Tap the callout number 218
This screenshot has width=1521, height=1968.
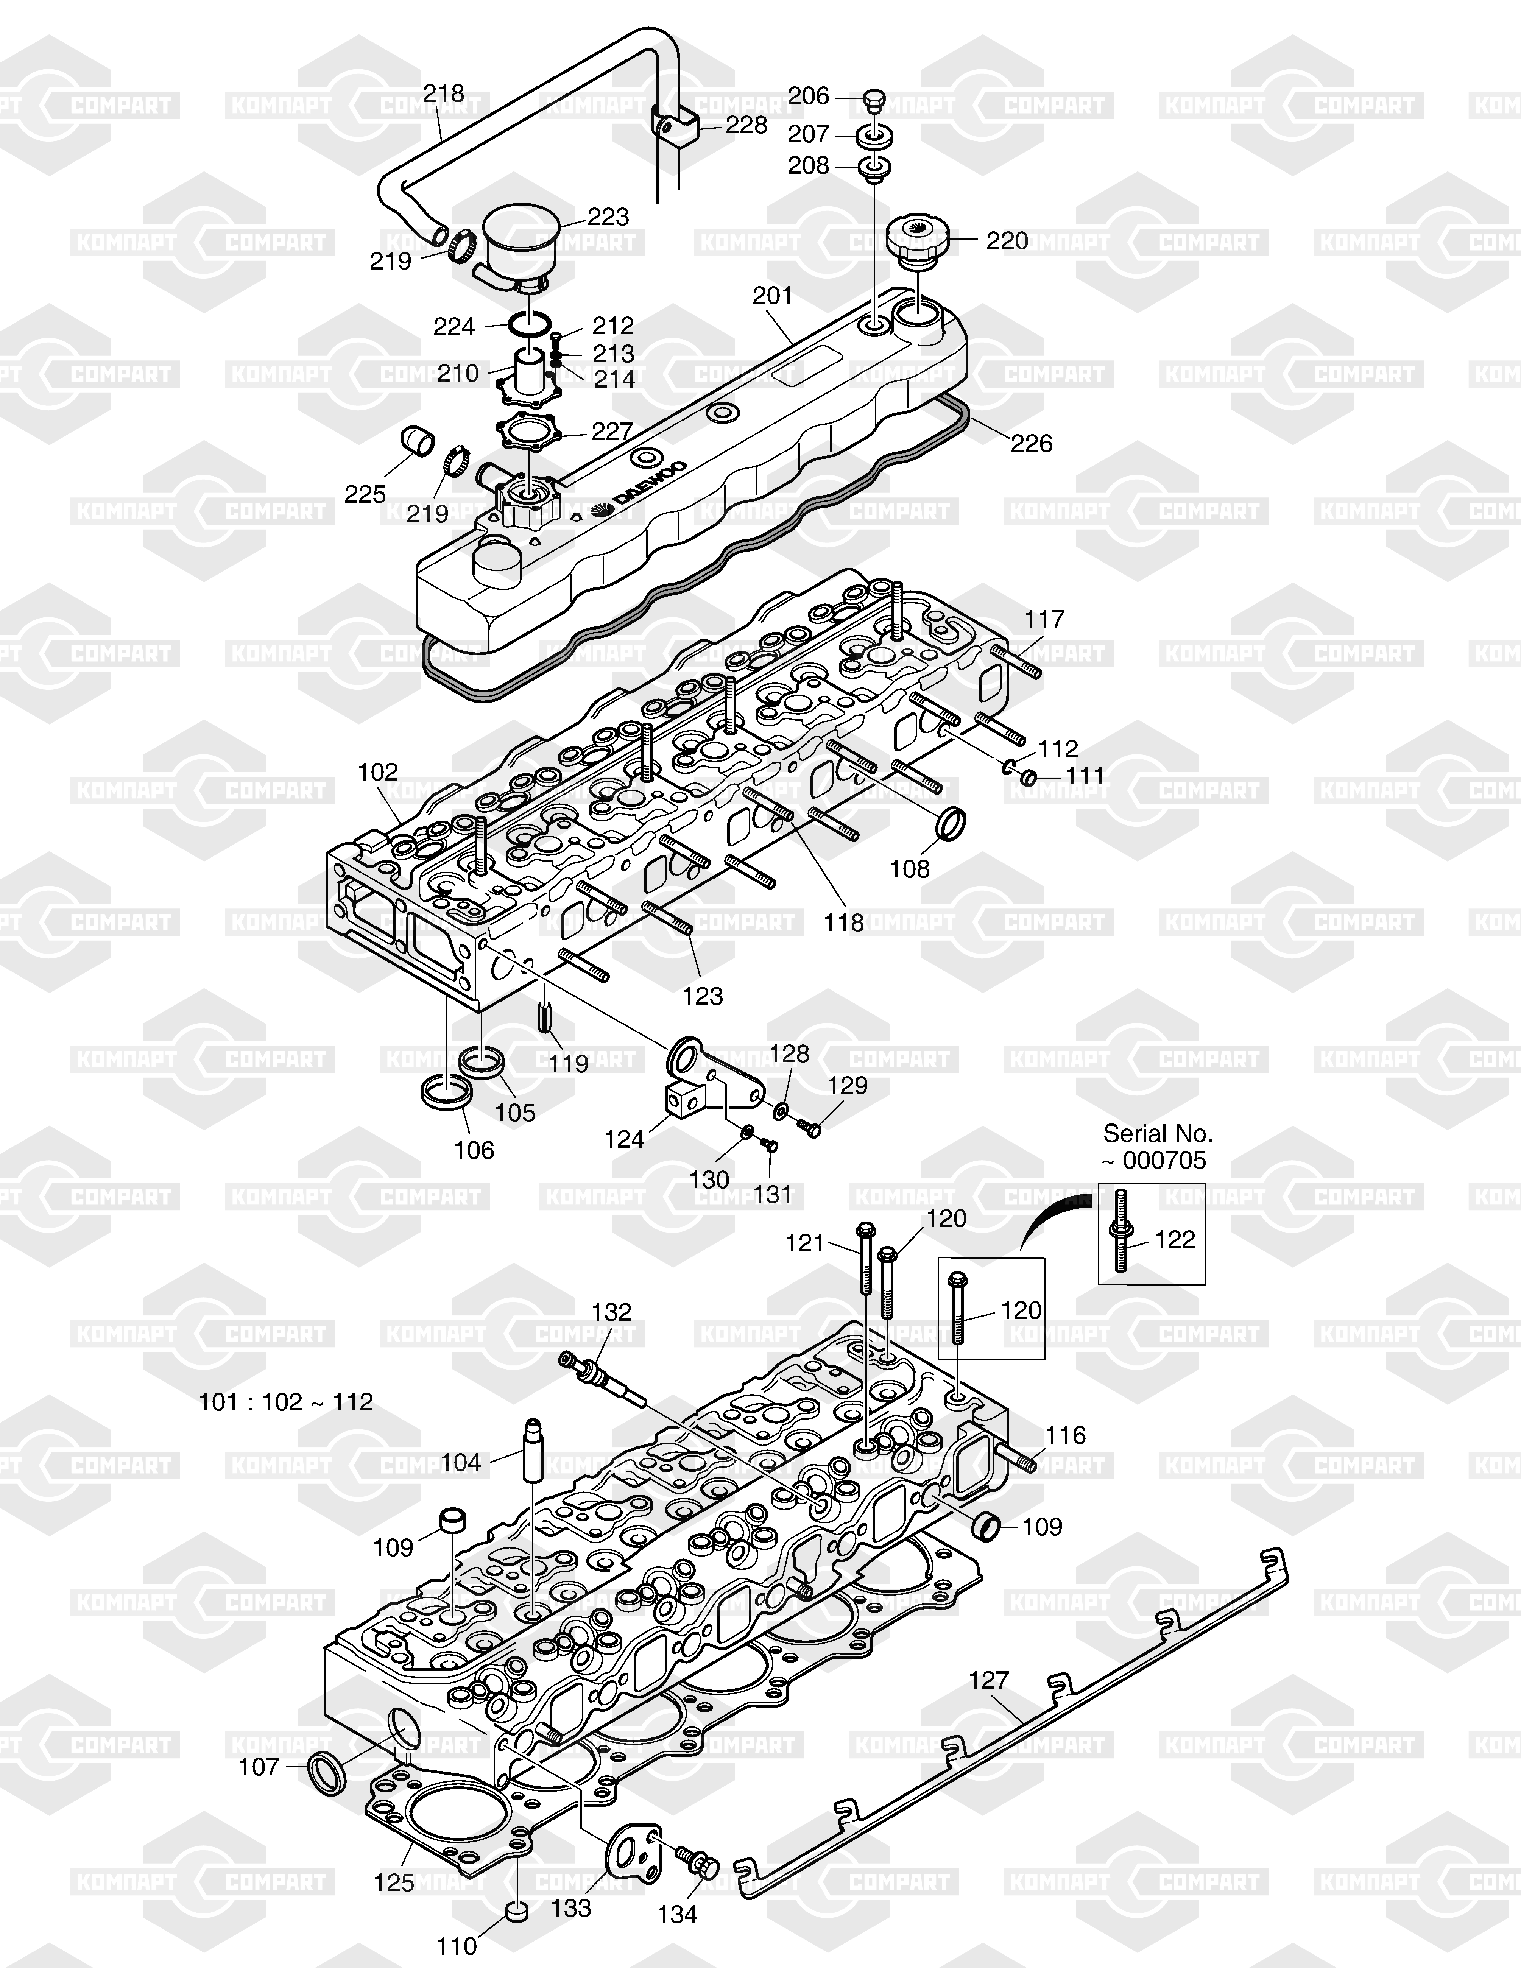[x=444, y=94]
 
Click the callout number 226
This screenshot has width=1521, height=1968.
[x=1032, y=443]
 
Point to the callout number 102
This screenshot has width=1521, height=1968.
[x=379, y=772]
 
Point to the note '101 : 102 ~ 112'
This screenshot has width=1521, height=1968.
[x=286, y=1402]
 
